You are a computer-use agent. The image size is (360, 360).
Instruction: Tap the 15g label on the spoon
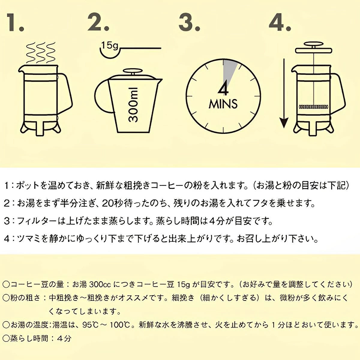(x=110, y=46)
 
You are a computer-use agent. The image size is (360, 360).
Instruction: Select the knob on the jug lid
(x=133, y=71)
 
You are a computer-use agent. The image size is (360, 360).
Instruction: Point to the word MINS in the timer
(x=223, y=104)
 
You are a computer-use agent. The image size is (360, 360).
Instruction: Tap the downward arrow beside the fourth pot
(x=284, y=93)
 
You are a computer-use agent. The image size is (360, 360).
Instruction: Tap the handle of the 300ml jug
(x=102, y=96)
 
